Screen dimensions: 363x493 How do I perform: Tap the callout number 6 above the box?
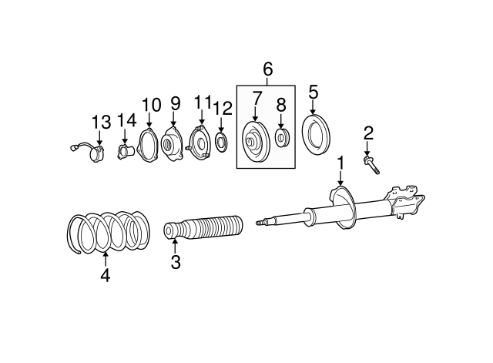pos(268,70)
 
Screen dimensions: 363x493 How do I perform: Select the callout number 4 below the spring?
pos(105,274)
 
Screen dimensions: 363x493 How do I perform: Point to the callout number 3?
pos(176,262)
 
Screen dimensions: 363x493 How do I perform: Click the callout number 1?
pos(340,163)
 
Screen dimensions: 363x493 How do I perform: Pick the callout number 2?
pos(368,133)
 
